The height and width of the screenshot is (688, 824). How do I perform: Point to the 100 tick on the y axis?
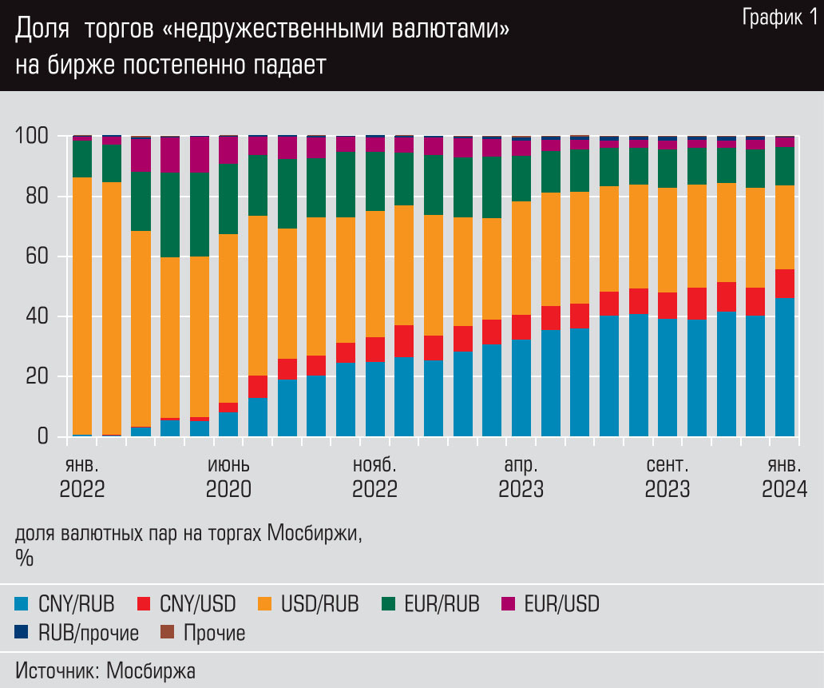click(34, 137)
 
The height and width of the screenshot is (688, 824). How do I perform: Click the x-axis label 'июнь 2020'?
click(228, 477)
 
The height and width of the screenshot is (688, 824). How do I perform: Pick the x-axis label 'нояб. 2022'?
click(374, 477)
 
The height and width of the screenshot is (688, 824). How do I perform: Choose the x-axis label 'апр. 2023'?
click(521, 477)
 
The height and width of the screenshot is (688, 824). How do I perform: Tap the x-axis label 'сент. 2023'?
click(668, 477)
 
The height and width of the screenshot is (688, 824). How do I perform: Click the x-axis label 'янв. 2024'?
click(784, 477)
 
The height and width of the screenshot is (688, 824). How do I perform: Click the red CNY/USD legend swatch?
click(145, 604)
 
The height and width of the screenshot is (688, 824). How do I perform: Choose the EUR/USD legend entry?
click(550, 604)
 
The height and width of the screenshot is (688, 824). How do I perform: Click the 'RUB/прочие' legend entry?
click(77, 634)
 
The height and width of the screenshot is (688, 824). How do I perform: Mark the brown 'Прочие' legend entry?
click(204, 634)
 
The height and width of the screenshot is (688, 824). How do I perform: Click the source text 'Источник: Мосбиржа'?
click(105, 670)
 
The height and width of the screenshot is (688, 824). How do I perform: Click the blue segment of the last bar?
click(784, 368)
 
